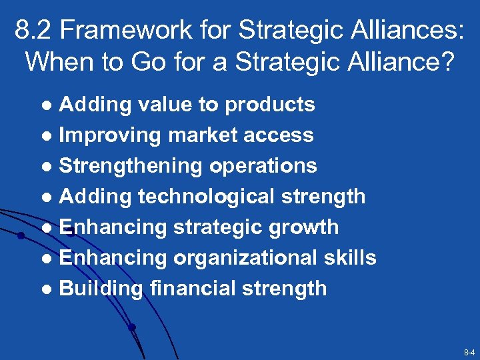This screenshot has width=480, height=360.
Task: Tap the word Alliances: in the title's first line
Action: click(x=405, y=29)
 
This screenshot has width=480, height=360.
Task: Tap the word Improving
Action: click(x=109, y=135)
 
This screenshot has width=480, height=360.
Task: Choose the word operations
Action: click(x=263, y=166)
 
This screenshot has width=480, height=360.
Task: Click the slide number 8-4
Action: click(x=468, y=351)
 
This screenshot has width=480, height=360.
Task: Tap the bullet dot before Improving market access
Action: click(x=47, y=136)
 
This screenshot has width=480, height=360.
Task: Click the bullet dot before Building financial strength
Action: click(x=47, y=289)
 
